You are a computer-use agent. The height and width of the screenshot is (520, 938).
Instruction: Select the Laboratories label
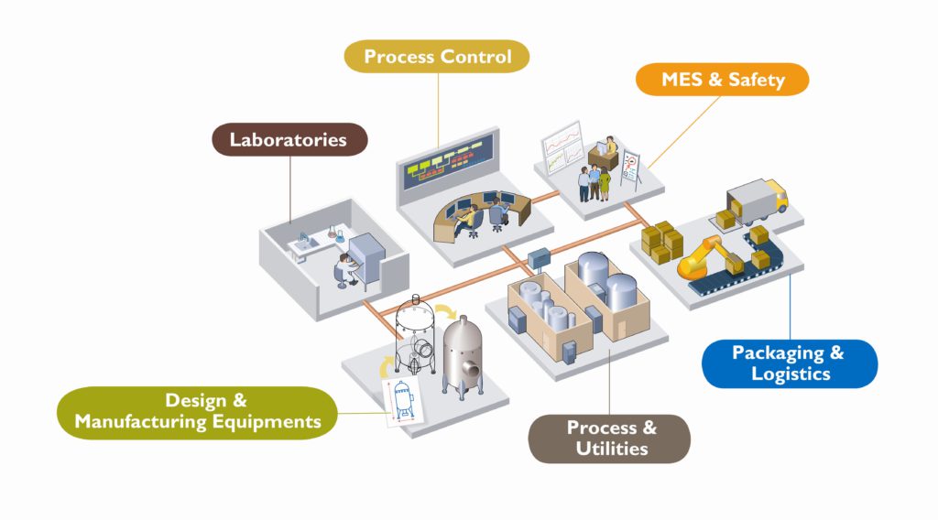(288, 140)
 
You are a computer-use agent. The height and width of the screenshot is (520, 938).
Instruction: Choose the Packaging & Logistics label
(788, 363)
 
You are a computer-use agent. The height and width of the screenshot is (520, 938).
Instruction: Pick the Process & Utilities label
(611, 438)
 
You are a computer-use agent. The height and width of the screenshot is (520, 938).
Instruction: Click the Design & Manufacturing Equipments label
(197, 411)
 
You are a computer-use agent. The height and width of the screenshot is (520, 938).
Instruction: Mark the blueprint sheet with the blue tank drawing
(404, 400)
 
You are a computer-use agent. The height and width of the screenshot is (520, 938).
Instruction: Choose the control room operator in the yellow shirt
(469, 218)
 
